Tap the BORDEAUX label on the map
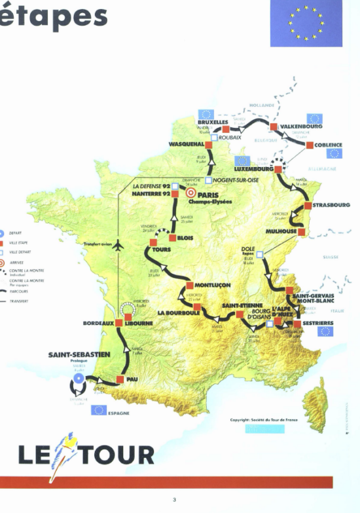click(x=98, y=323)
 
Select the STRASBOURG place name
click(x=332, y=205)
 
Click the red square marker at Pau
click(x=120, y=379)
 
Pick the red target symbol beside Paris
click(x=191, y=194)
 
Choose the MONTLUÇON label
click(x=211, y=286)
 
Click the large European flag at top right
click(x=306, y=23)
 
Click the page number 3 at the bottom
click(x=175, y=500)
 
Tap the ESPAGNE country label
click(x=118, y=413)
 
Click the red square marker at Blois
click(x=172, y=238)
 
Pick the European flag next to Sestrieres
click(x=325, y=332)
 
